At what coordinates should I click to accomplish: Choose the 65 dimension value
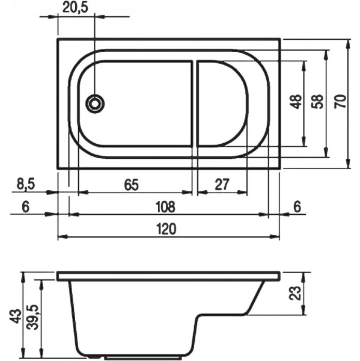[x=133, y=185]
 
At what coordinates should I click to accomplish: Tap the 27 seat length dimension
[x=222, y=185]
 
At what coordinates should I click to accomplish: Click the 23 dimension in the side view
[x=294, y=293]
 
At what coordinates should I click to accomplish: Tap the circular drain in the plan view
[x=94, y=103]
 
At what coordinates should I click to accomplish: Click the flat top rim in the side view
[x=168, y=276]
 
